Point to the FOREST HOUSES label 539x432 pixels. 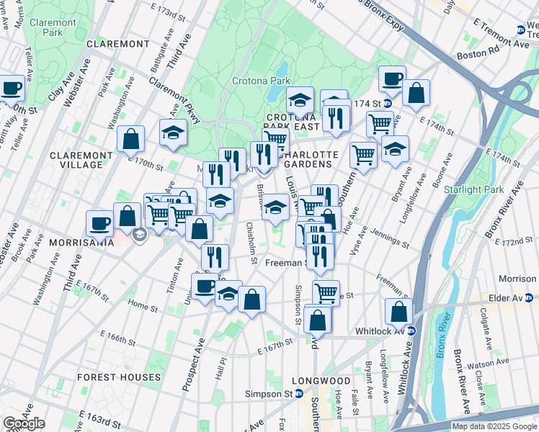click(x=120, y=377)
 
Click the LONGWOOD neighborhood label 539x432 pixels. click(x=321, y=380)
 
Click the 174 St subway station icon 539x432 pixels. click(x=387, y=104)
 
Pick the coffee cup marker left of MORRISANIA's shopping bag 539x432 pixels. click(x=99, y=222)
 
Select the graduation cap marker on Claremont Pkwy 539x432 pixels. click(x=173, y=133)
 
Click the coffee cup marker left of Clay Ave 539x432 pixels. click(x=12, y=89)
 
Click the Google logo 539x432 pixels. click(x=24, y=423)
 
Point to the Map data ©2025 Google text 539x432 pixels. click(x=494, y=426)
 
